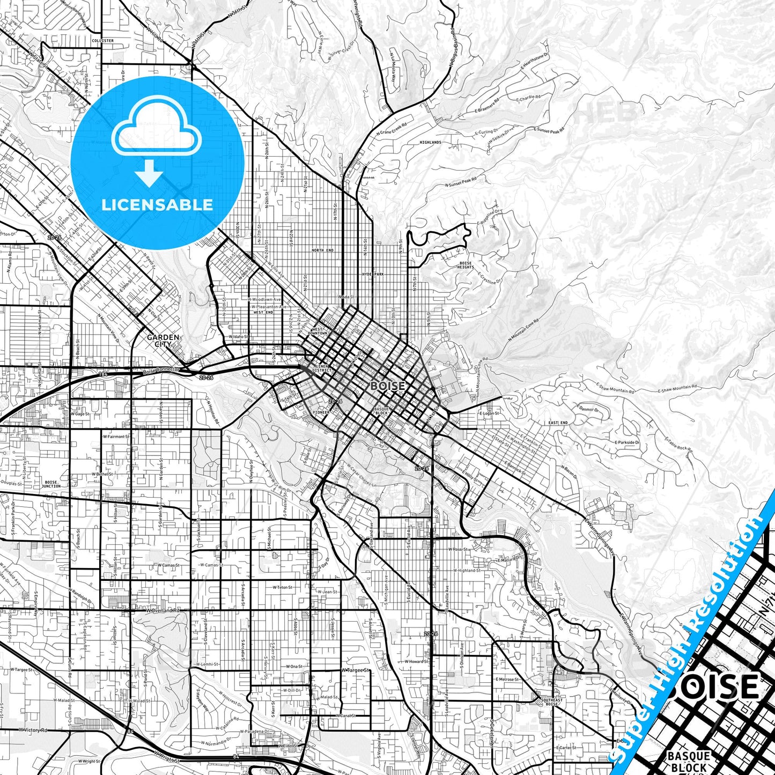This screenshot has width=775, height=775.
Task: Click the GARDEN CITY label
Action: click(x=163, y=340)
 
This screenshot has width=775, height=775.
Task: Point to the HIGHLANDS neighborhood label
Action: click(x=431, y=142)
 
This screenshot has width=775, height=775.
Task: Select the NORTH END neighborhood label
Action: click(x=322, y=250)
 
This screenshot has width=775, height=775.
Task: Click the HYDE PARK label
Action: click(x=373, y=274)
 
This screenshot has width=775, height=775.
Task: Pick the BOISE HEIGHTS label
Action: click(x=466, y=265)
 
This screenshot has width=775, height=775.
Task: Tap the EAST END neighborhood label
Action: click(x=558, y=423)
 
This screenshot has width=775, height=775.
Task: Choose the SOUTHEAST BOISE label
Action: click(x=552, y=702)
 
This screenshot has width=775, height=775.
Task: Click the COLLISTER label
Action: click(x=102, y=41)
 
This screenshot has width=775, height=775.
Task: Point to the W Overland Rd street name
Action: click(x=163, y=610)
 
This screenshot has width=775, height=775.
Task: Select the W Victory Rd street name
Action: click(x=33, y=730)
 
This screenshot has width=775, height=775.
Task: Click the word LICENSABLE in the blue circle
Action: click(x=157, y=204)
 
